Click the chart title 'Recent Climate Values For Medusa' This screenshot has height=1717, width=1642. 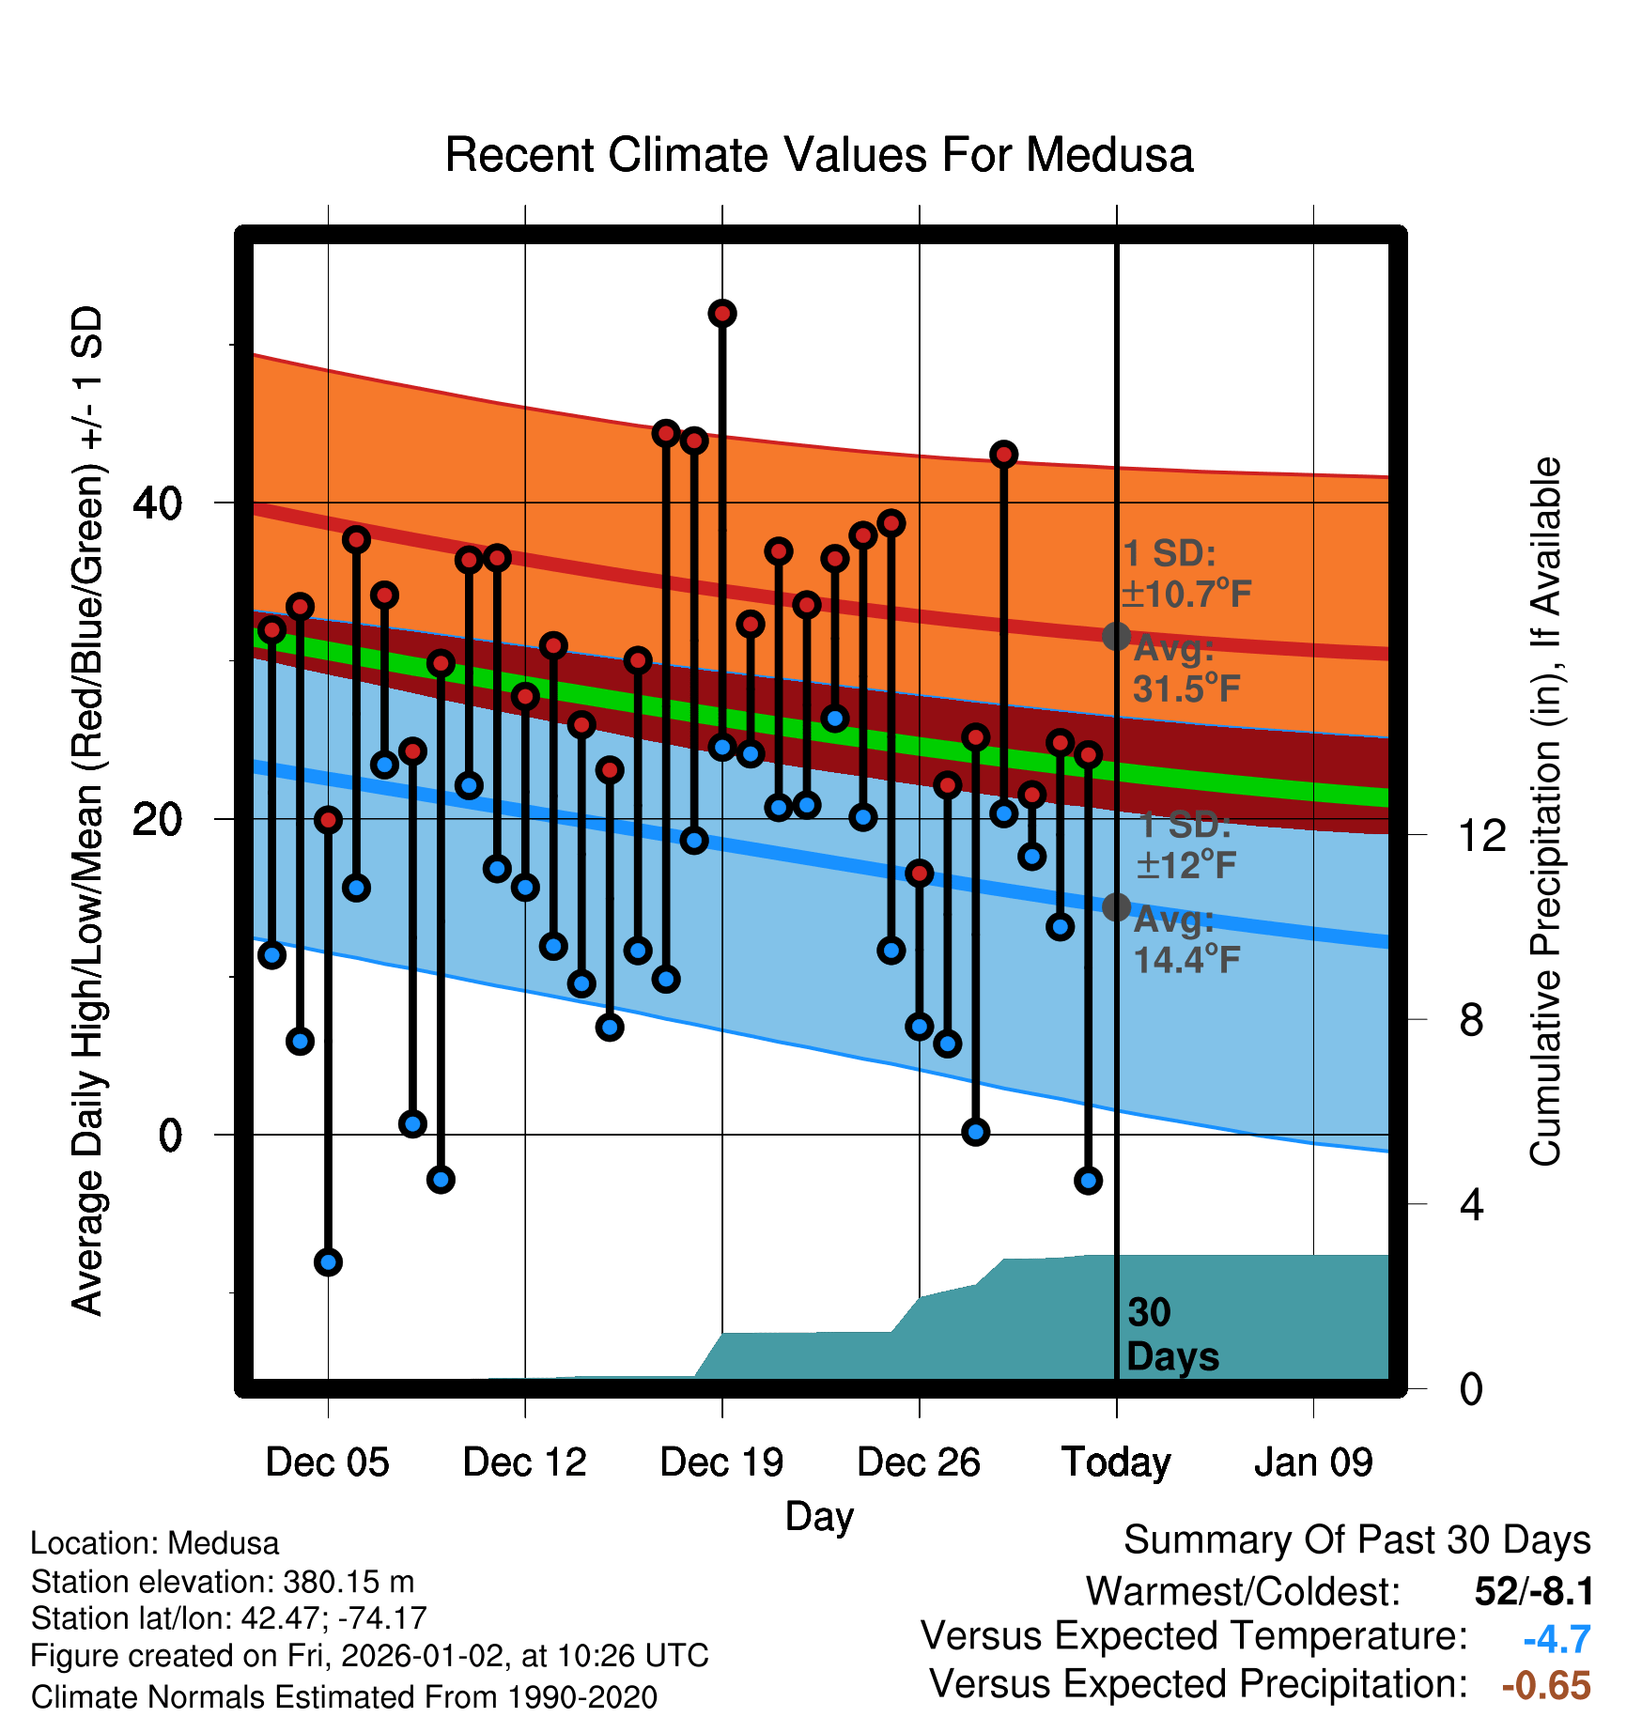pos(818,155)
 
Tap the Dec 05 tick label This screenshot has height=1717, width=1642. pos(327,1462)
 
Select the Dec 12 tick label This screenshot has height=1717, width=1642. pos(524,1462)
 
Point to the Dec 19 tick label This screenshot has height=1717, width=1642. pos(721,1462)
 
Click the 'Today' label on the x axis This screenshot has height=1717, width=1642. pos(1116,1462)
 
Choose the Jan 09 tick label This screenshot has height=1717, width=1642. pos(1313,1462)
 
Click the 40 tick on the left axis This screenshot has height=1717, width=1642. pos(157,503)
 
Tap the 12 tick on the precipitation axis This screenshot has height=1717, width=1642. pos(1482,835)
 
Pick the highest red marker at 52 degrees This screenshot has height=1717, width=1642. pos(722,314)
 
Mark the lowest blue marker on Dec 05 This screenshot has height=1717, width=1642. pos(328,1262)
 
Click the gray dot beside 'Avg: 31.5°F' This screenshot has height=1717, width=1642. pos(1116,636)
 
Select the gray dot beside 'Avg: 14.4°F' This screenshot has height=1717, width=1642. pos(1116,906)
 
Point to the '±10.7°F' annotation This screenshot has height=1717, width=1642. pos(1186,594)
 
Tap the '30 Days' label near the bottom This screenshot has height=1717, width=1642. pos(1171,1335)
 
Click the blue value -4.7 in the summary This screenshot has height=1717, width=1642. pos(1557,1639)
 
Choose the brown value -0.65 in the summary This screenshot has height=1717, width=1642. pos(1546,1685)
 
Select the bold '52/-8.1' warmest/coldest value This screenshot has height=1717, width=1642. pos(1533,1591)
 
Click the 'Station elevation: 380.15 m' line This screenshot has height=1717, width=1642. pos(223,1582)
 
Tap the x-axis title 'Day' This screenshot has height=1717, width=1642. pos(819,1516)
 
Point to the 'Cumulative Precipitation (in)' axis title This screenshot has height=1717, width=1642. pos(1545,812)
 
